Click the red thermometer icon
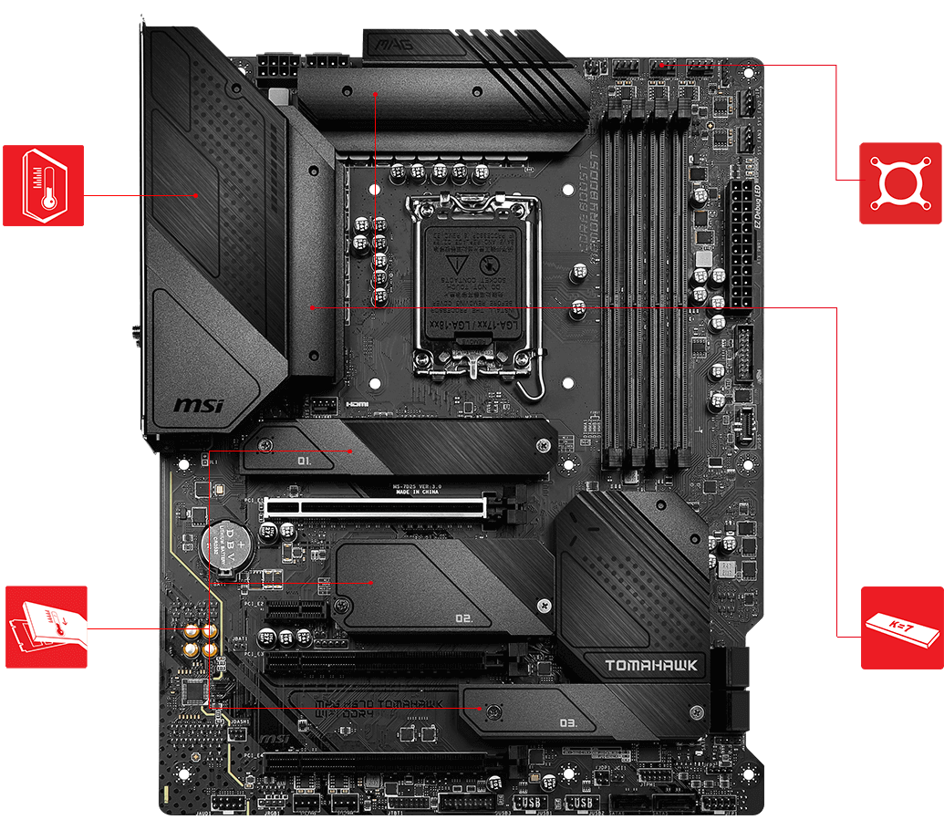click(x=43, y=185)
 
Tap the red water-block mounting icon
click(x=900, y=182)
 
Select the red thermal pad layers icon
click(x=47, y=627)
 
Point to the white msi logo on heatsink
click(x=198, y=403)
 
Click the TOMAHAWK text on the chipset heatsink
click(x=651, y=665)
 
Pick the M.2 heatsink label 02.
click(x=462, y=618)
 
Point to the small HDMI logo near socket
click(x=355, y=404)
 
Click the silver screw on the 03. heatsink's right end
click(x=697, y=711)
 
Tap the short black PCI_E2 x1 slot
click(x=296, y=608)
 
